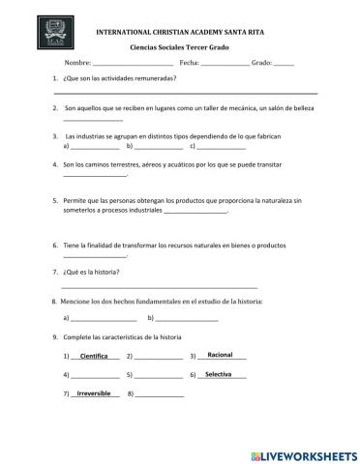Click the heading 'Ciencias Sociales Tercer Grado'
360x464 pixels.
pos(179,46)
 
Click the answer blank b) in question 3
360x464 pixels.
pos(158,147)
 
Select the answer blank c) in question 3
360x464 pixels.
pos(221,147)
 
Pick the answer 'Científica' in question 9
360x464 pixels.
pos(94,356)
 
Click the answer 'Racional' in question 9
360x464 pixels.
pos(221,354)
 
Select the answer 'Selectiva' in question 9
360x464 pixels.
pos(220,373)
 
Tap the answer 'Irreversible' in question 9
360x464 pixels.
pos(94,393)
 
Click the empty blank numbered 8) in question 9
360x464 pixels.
pos(161,395)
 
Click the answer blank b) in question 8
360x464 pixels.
pos(186,319)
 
